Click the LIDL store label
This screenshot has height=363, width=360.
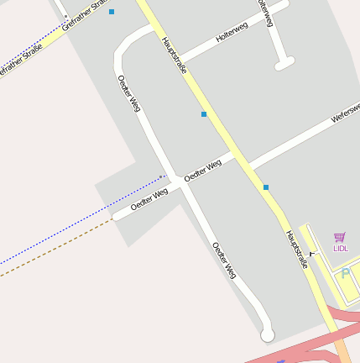point(340,248)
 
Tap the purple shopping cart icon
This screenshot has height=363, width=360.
point(340,237)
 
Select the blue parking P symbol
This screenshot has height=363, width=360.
point(346,274)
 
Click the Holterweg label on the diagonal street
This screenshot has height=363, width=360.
point(232,33)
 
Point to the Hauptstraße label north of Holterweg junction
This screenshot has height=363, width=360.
point(174,55)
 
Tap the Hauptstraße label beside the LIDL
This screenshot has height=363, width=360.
point(297,249)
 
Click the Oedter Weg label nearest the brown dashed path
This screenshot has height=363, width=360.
point(149,199)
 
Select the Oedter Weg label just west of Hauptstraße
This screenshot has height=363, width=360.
point(202,168)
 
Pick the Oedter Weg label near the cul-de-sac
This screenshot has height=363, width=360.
point(223,260)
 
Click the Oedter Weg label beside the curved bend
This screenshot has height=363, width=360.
point(128,92)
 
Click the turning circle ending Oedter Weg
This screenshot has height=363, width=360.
point(268,335)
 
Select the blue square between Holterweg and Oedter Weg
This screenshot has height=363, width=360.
point(203,113)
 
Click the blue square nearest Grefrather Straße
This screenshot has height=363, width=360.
point(112,12)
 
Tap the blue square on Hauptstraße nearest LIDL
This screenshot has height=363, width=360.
point(266,187)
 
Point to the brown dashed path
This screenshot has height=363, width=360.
point(59,249)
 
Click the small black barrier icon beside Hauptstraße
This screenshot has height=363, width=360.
point(311,253)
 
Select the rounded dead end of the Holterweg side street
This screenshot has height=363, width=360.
point(284,63)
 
